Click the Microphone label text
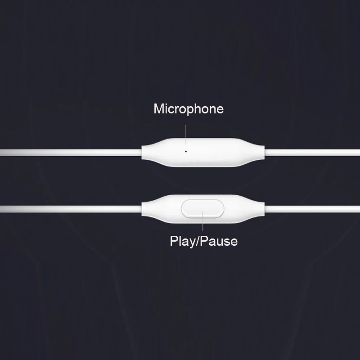click(188, 109)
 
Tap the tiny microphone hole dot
click(186, 151)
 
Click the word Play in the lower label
click(181, 241)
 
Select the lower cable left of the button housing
click(67, 208)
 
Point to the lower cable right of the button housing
click(315, 208)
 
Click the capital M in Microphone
click(158, 109)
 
